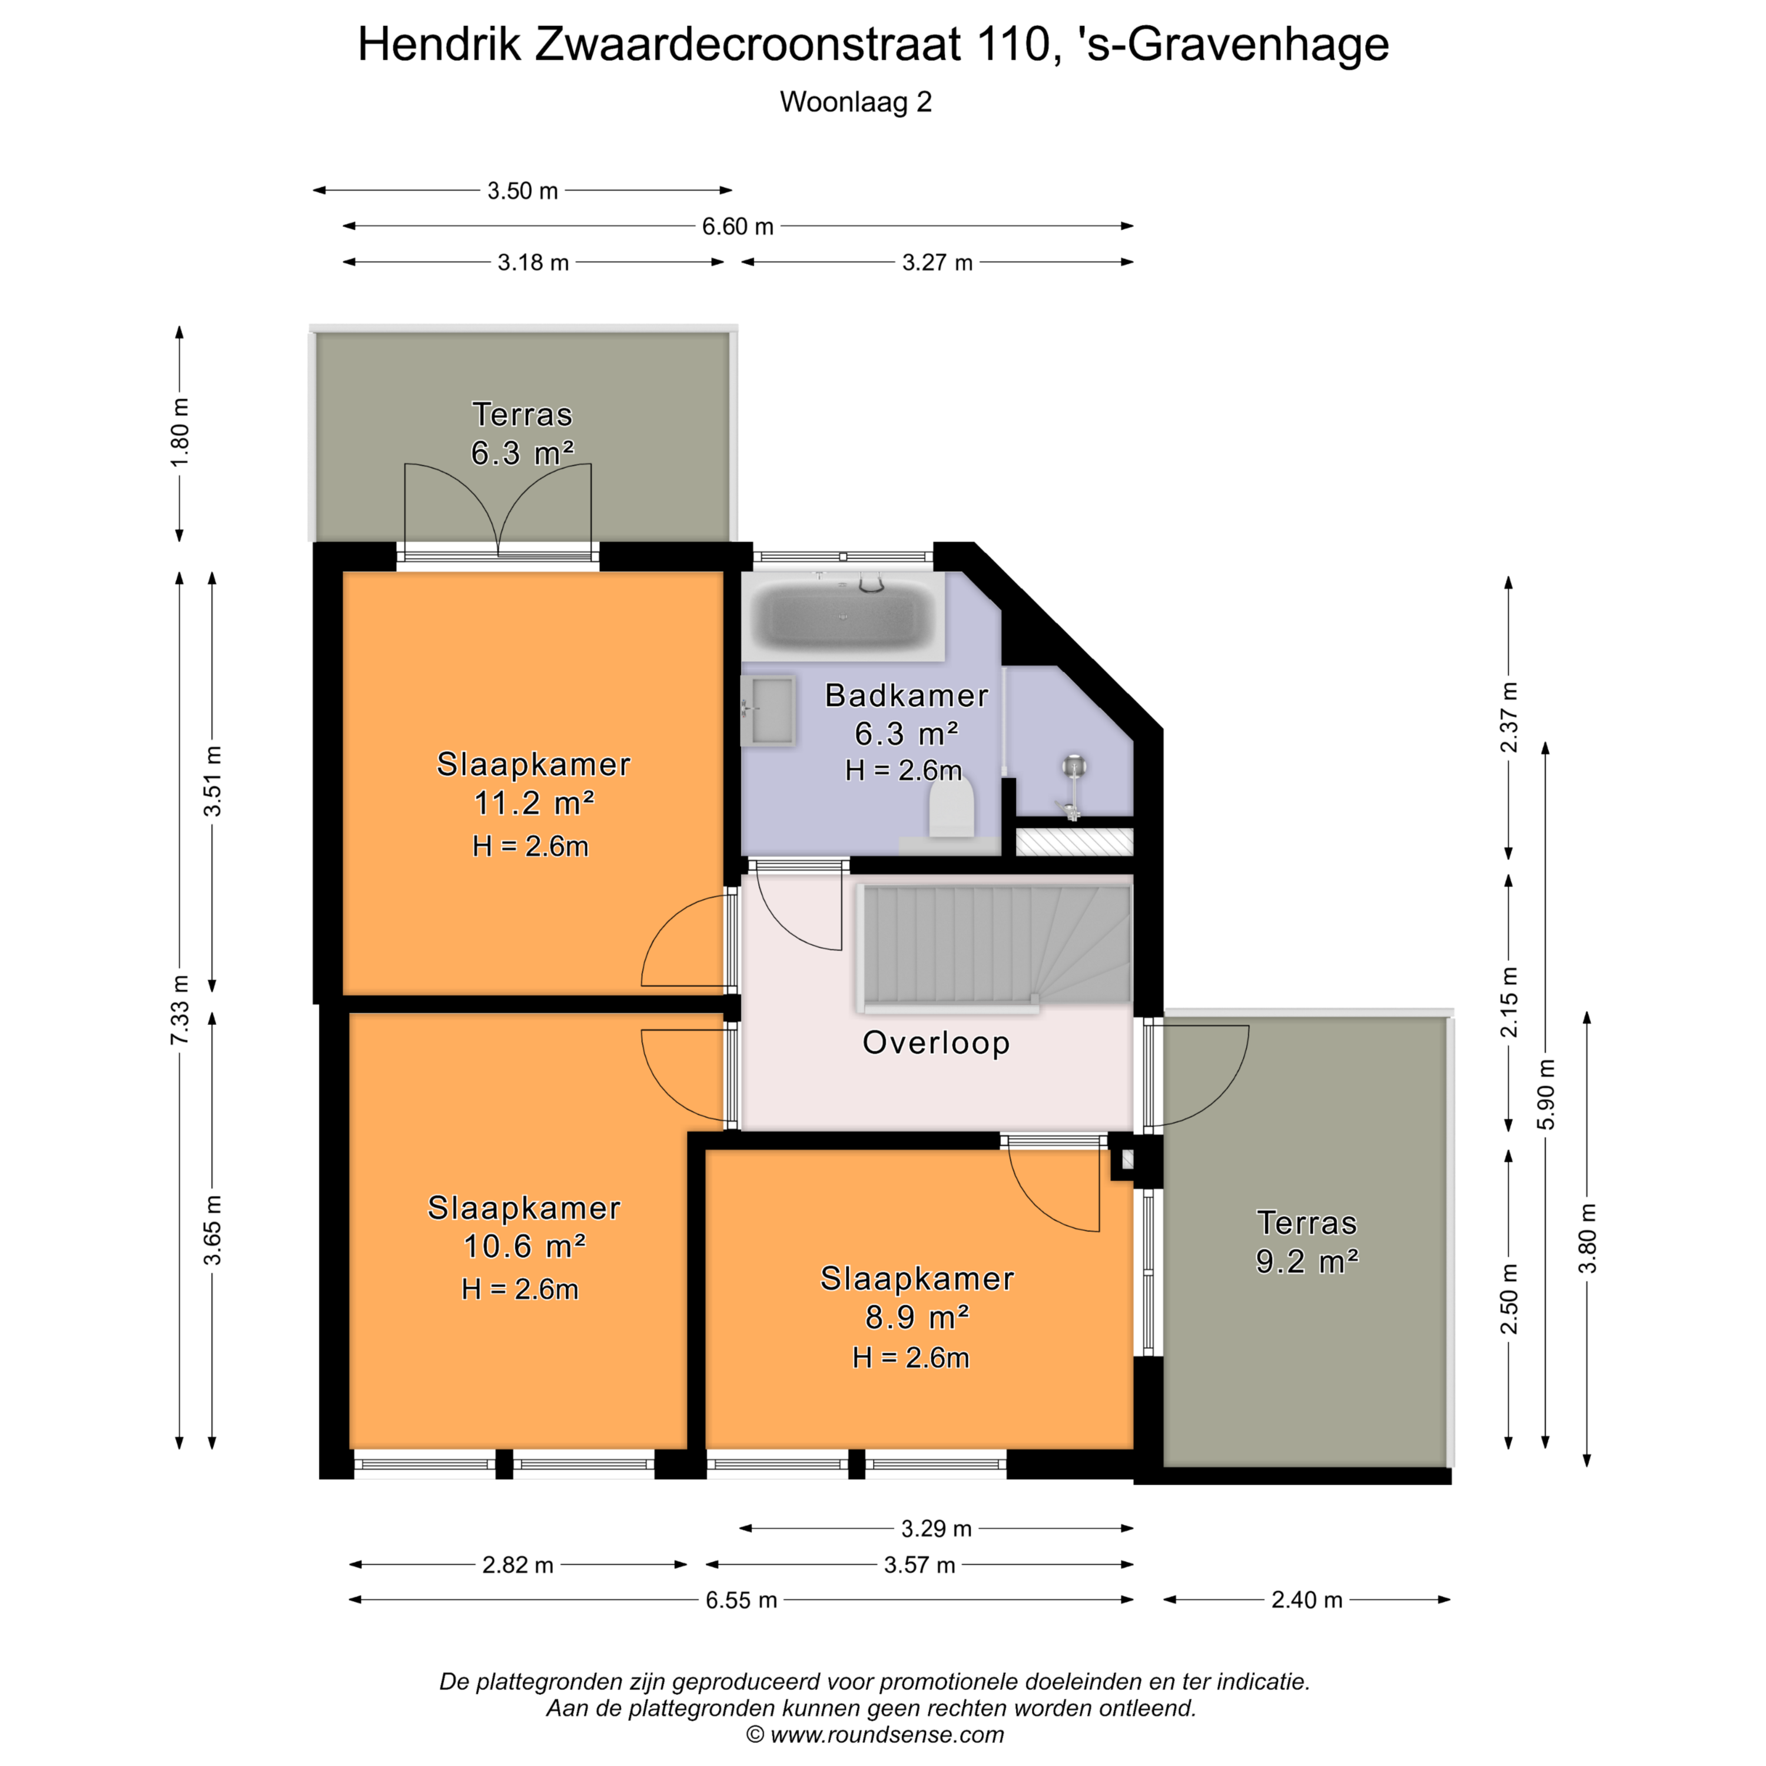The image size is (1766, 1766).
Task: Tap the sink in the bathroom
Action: coord(768,711)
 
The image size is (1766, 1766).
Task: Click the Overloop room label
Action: coord(936,1043)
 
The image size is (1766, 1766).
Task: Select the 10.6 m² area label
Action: coord(525,1246)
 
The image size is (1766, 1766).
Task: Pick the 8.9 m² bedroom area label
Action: coord(917,1317)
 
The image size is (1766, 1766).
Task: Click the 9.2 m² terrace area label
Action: coord(1307,1262)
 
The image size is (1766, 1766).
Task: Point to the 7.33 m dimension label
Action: coord(180,1009)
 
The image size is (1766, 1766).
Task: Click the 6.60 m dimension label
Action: coord(738,226)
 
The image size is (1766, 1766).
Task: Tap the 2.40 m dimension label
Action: coord(1307,1599)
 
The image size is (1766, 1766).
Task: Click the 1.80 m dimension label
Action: coord(180,432)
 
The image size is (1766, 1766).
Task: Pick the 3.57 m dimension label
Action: coord(919,1565)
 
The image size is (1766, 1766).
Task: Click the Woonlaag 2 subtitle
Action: coord(855,101)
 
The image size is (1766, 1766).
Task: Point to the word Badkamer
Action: coord(907,696)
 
